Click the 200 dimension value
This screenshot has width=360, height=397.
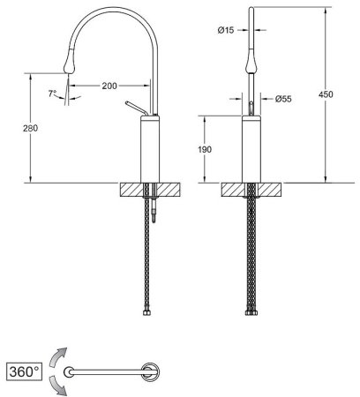click(109, 86)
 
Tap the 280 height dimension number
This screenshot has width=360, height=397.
click(31, 128)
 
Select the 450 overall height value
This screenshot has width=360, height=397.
click(326, 94)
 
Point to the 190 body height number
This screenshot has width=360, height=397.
click(204, 149)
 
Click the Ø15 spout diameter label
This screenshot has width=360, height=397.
click(226, 30)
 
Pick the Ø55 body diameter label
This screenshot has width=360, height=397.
click(283, 99)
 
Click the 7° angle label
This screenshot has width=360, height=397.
click(52, 94)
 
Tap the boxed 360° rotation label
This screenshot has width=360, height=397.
click(24, 371)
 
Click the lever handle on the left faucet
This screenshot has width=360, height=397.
click(136, 109)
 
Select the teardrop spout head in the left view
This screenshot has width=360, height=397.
click(70, 61)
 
